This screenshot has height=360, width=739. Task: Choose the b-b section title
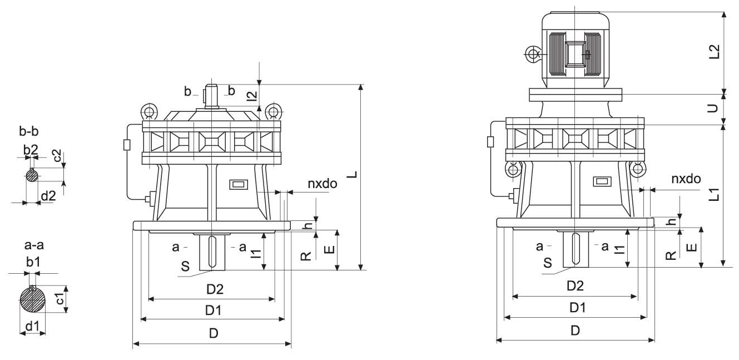click(x=29, y=132)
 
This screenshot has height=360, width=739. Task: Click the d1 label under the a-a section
click(x=32, y=327)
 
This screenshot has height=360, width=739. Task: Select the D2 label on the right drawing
click(x=575, y=286)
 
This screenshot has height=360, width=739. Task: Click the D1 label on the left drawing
click(x=212, y=310)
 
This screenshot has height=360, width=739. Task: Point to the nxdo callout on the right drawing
click(x=685, y=179)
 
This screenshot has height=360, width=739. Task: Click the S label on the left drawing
click(x=185, y=266)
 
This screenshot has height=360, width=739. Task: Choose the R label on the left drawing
click(x=305, y=255)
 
